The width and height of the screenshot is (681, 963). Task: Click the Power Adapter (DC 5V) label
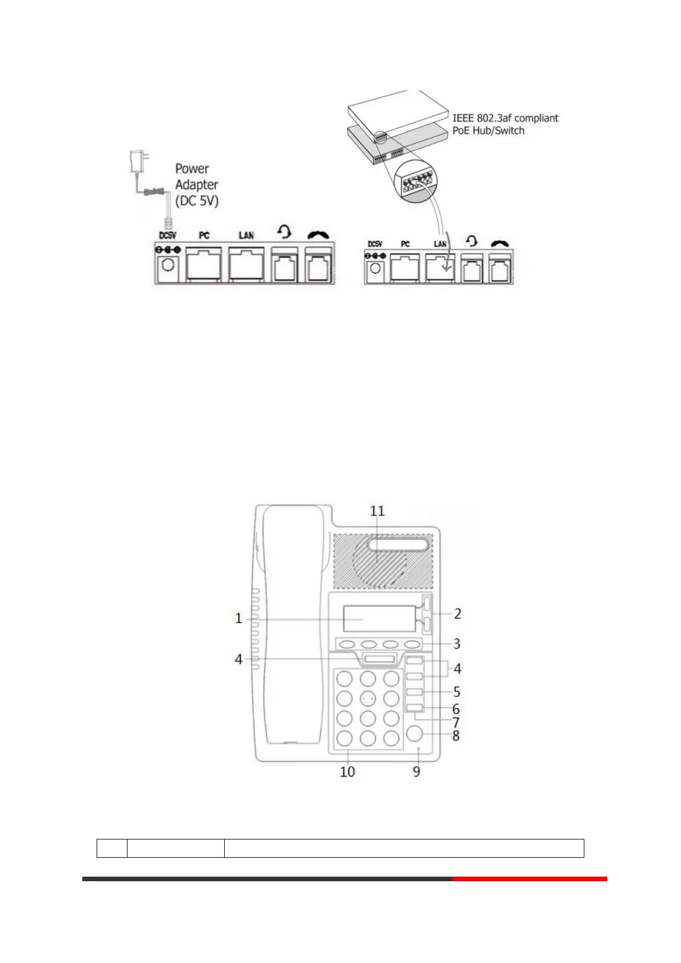coord(197,185)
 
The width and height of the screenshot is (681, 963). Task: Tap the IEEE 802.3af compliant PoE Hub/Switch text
coord(505,124)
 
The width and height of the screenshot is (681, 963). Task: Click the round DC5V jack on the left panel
coord(169,266)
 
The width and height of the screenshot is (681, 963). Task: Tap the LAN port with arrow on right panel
coord(440,267)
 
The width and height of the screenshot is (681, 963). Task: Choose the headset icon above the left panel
coord(284,232)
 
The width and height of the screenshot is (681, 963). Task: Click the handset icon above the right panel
coord(500,242)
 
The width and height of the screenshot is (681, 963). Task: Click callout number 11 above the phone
coord(377,511)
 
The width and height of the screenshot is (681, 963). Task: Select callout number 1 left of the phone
coord(238,618)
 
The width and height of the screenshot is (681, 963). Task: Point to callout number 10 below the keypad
coord(347,771)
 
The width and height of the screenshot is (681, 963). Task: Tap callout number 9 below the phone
coord(416,771)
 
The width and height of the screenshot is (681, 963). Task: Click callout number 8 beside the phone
coord(456,735)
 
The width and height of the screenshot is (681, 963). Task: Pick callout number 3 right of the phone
coord(456,644)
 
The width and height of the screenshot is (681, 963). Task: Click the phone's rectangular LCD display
coord(379,619)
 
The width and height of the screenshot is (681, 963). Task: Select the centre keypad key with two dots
coord(368,698)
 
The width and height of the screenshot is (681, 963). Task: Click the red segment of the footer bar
coord(529,878)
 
